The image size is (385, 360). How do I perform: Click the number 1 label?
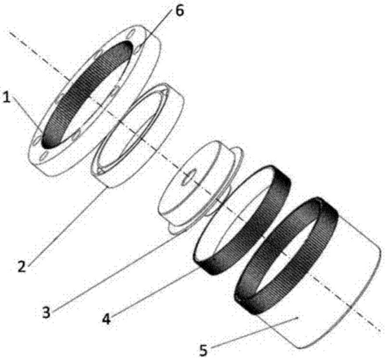click(6, 98)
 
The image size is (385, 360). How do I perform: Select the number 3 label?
click(46, 313)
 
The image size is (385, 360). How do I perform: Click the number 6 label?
click(179, 11)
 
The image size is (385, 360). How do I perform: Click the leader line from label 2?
click(67, 226)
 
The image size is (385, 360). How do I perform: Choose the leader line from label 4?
click(154, 292)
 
